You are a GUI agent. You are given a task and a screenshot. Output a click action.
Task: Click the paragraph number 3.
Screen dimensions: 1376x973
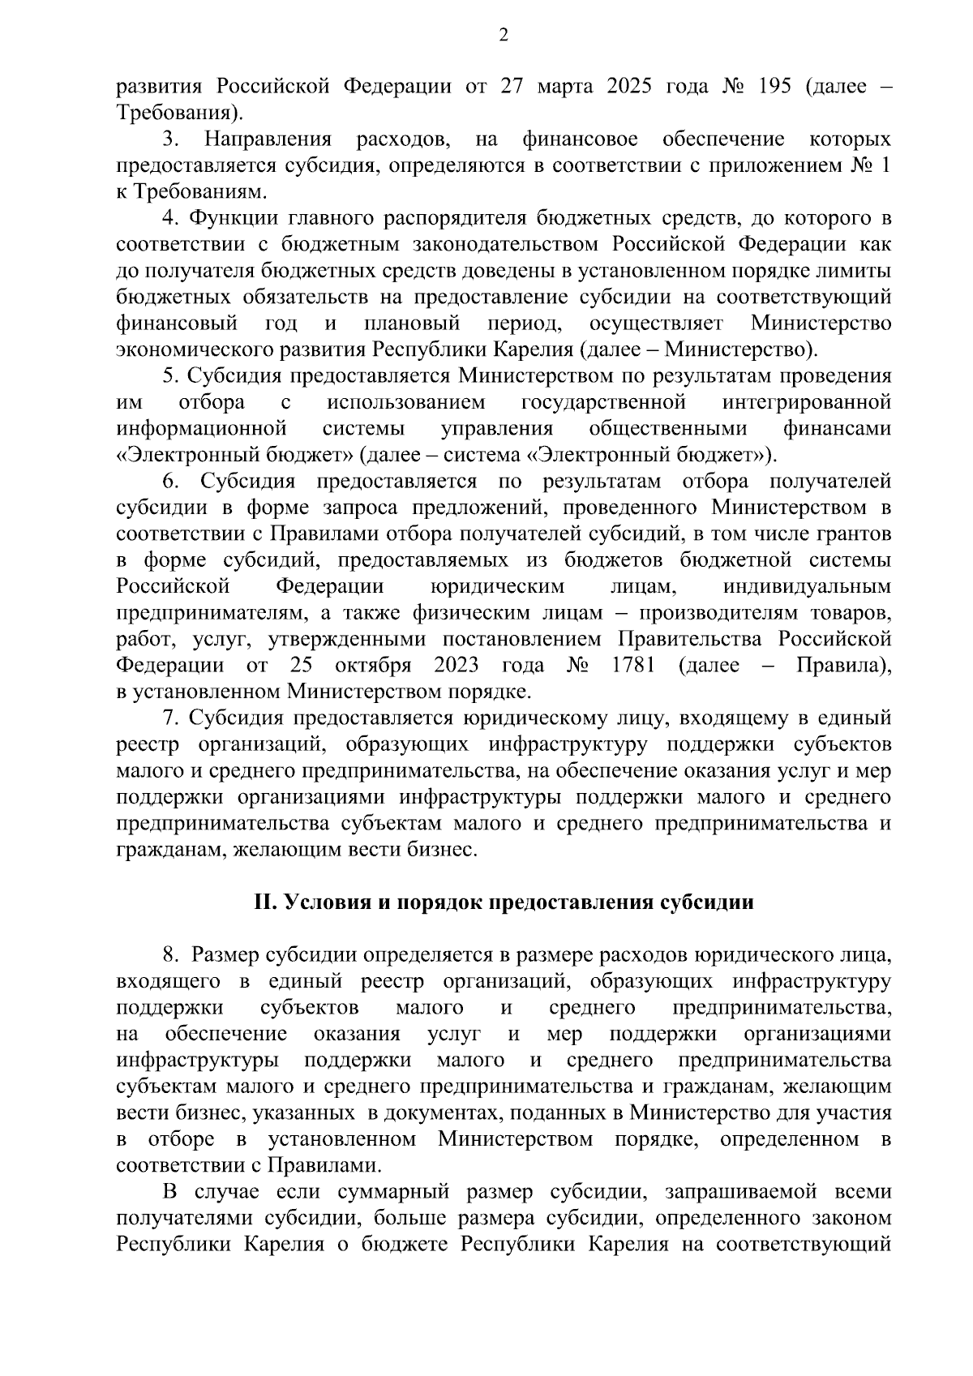tap(169, 139)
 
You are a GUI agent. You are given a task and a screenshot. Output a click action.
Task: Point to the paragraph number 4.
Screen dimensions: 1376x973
tap(169, 218)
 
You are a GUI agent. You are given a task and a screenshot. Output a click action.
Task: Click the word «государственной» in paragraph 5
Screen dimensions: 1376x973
tap(604, 403)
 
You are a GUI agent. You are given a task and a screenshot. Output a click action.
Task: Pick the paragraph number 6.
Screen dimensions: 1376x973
tap(169, 482)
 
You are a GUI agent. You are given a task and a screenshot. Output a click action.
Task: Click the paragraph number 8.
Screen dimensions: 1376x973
tap(169, 955)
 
